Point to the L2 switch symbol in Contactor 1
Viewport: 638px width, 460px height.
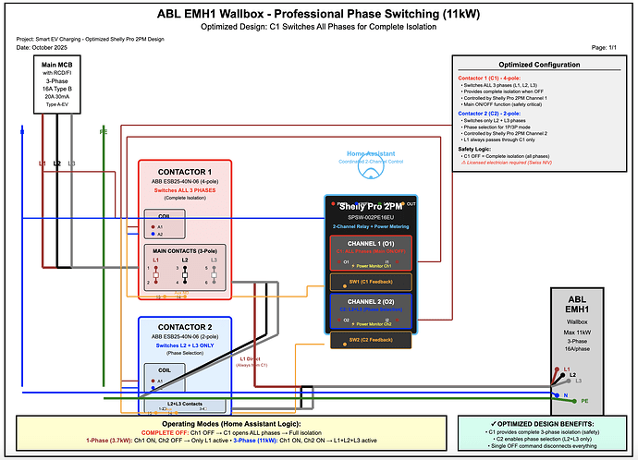point(185,274)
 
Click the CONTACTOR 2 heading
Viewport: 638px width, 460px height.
point(184,327)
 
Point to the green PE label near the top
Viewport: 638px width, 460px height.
point(102,130)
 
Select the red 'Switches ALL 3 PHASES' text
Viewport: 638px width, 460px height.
point(184,189)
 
